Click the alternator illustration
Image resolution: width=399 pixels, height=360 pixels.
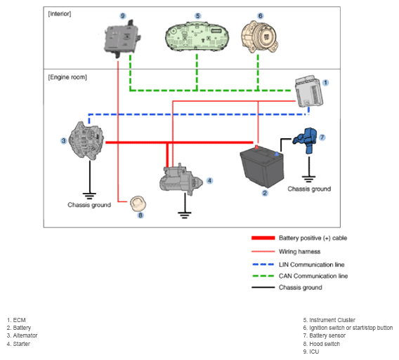(x=87, y=141)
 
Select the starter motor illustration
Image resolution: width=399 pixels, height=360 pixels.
(x=181, y=180)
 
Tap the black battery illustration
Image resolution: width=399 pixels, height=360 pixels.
(x=262, y=166)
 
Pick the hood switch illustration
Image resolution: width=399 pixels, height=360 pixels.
(x=138, y=204)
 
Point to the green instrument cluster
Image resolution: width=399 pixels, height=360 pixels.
(x=197, y=36)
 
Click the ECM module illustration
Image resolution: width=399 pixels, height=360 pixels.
(x=308, y=91)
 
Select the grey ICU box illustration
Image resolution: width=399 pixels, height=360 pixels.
(x=122, y=39)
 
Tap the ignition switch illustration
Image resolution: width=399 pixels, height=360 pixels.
(x=259, y=37)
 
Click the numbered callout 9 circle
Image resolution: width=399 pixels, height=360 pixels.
(x=123, y=15)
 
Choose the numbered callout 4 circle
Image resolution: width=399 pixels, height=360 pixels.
(x=209, y=180)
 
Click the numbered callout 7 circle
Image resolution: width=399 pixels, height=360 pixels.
(x=322, y=138)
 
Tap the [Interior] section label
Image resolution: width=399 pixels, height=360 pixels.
(x=60, y=14)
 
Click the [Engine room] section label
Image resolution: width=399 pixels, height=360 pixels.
(x=67, y=77)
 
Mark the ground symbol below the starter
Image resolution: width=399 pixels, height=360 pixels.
(x=185, y=215)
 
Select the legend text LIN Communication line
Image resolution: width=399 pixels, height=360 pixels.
(x=311, y=265)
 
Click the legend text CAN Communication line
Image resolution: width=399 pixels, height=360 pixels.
(x=313, y=276)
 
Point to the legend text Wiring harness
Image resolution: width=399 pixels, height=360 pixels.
(x=299, y=251)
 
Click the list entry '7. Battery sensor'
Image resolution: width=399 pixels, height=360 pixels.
(x=325, y=335)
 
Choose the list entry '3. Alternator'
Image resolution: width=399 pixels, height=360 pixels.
(x=22, y=335)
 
